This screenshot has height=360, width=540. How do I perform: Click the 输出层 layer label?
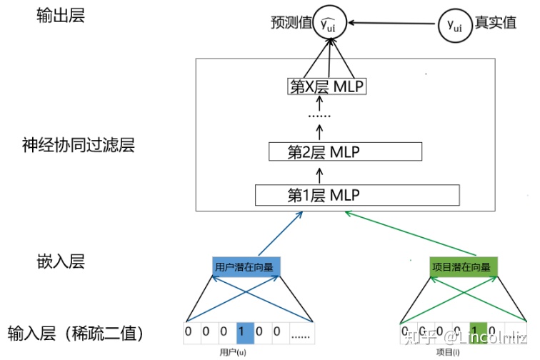(x=61, y=16)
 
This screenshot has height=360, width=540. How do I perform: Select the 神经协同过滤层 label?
(x=79, y=146)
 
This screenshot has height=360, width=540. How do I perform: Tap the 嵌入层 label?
(x=61, y=261)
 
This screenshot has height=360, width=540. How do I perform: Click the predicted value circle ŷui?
(x=330, y=24)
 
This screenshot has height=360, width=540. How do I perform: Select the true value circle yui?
(x=454, y=24)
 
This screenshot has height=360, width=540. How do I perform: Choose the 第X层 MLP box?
(x=327, y=87)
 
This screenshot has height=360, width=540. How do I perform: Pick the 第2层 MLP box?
(x=344, y=151)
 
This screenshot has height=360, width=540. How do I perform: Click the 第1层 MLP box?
(x=356, y=194)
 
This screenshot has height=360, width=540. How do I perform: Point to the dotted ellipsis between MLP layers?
(x=319, y=114)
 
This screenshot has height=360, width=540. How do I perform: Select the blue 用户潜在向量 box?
(x=247, y=267)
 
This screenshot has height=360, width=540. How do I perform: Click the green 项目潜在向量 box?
(x=461, y=267)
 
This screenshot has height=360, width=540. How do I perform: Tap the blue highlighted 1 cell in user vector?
(x=244, y=332)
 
